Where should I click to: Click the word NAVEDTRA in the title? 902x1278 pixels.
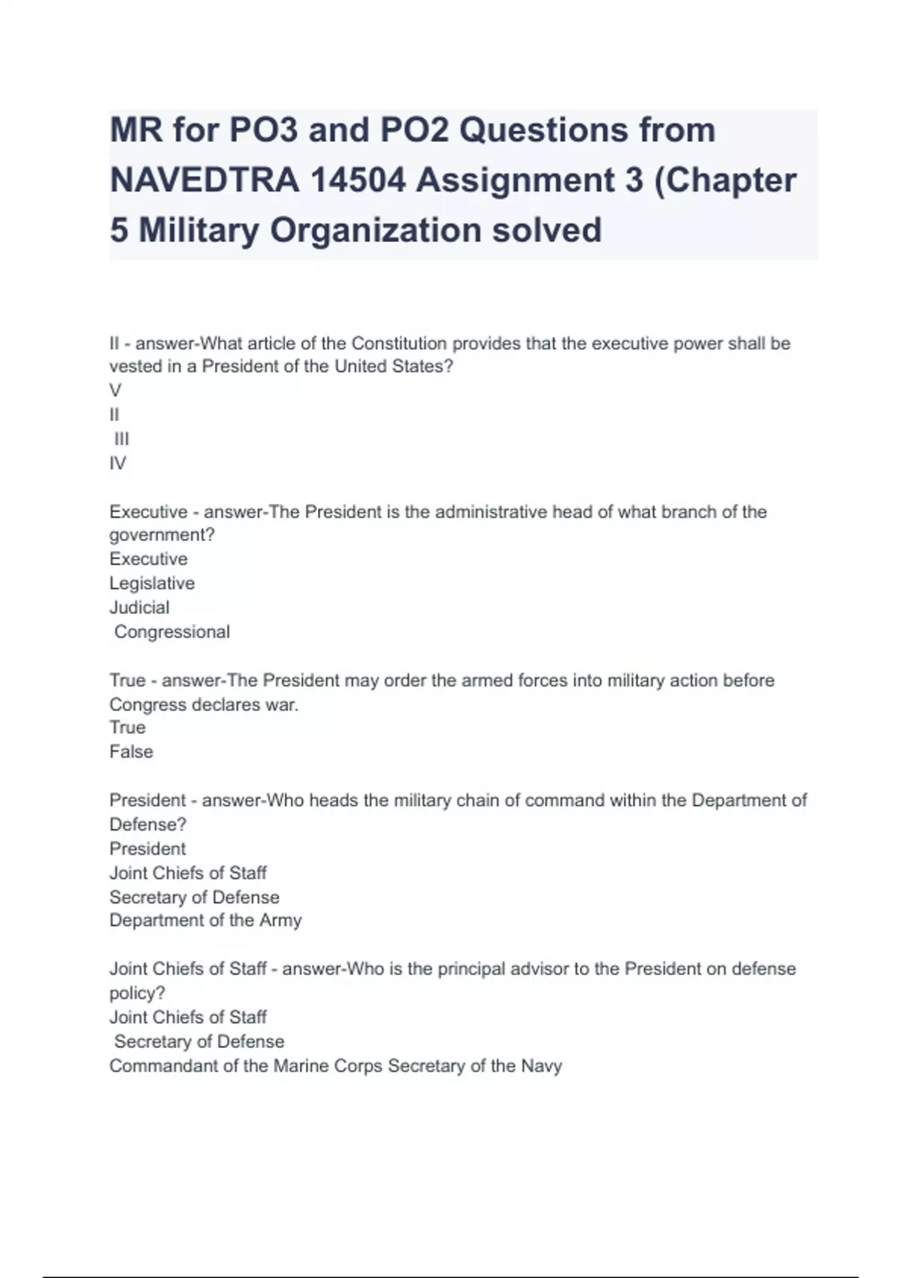point(204,180)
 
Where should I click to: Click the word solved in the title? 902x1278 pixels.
point(546,230)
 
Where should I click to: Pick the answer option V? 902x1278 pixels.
point(115,390)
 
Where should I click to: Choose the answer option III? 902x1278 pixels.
point(122,439)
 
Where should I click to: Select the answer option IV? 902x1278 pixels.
point(118,463)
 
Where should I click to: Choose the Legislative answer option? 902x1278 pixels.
point(152,583)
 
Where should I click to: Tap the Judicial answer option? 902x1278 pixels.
point(139,607)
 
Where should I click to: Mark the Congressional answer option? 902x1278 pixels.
point(172,631)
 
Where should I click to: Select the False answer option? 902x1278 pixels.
point(131,752)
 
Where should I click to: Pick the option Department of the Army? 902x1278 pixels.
point(205,920)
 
